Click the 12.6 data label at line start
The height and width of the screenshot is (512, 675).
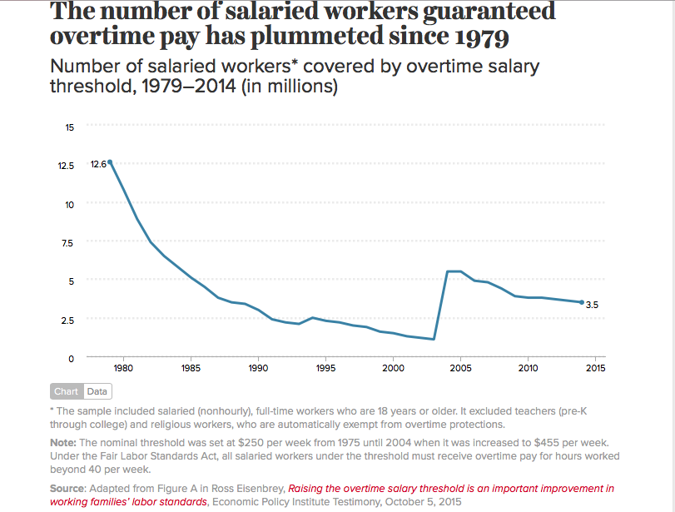pos(97,165)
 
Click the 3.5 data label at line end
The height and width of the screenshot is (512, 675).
pos(592,306)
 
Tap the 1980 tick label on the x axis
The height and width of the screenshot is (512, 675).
pos(123,368)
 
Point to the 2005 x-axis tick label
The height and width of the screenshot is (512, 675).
pos(460,368)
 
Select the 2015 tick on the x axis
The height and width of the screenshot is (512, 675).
pos(595,368)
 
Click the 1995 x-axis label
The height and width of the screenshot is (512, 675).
pos(325,368)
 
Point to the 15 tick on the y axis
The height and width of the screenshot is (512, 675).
pos(70,127)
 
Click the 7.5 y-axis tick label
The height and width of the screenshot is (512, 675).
pos(68,243)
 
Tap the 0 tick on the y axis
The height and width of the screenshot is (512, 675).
pos(72,358)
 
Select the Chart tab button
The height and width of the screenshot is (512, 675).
pos(66,391)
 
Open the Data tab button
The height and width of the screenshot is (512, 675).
pos(97,391)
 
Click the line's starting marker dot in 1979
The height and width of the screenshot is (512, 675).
pos(110,162)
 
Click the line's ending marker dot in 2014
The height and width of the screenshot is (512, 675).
pos(581,302)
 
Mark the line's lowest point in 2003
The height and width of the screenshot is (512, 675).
pos(434,339)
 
